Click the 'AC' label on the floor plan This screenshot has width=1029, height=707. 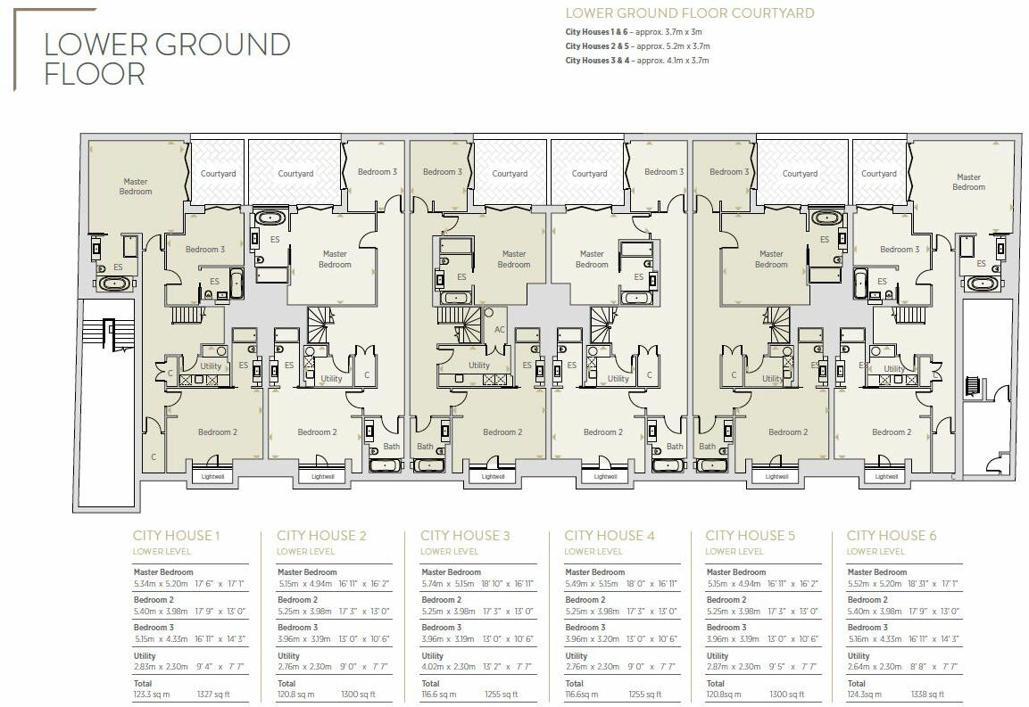[499, 330]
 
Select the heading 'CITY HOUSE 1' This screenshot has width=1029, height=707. [176, 536]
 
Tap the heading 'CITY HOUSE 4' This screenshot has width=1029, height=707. [610, 536]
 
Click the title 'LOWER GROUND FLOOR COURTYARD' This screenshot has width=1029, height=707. [690, 13]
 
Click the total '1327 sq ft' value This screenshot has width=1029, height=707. [211, 694]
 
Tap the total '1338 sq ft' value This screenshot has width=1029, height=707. [924, 694]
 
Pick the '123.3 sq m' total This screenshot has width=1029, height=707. [153, 694]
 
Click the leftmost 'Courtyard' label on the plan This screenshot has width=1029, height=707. [218, 174]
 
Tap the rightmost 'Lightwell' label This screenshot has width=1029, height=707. [886, 476]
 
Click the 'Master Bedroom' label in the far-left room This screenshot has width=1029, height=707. [136, 186]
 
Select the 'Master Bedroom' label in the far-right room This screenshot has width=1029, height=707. [968, 182]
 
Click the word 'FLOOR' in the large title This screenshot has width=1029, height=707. [95, 73]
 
